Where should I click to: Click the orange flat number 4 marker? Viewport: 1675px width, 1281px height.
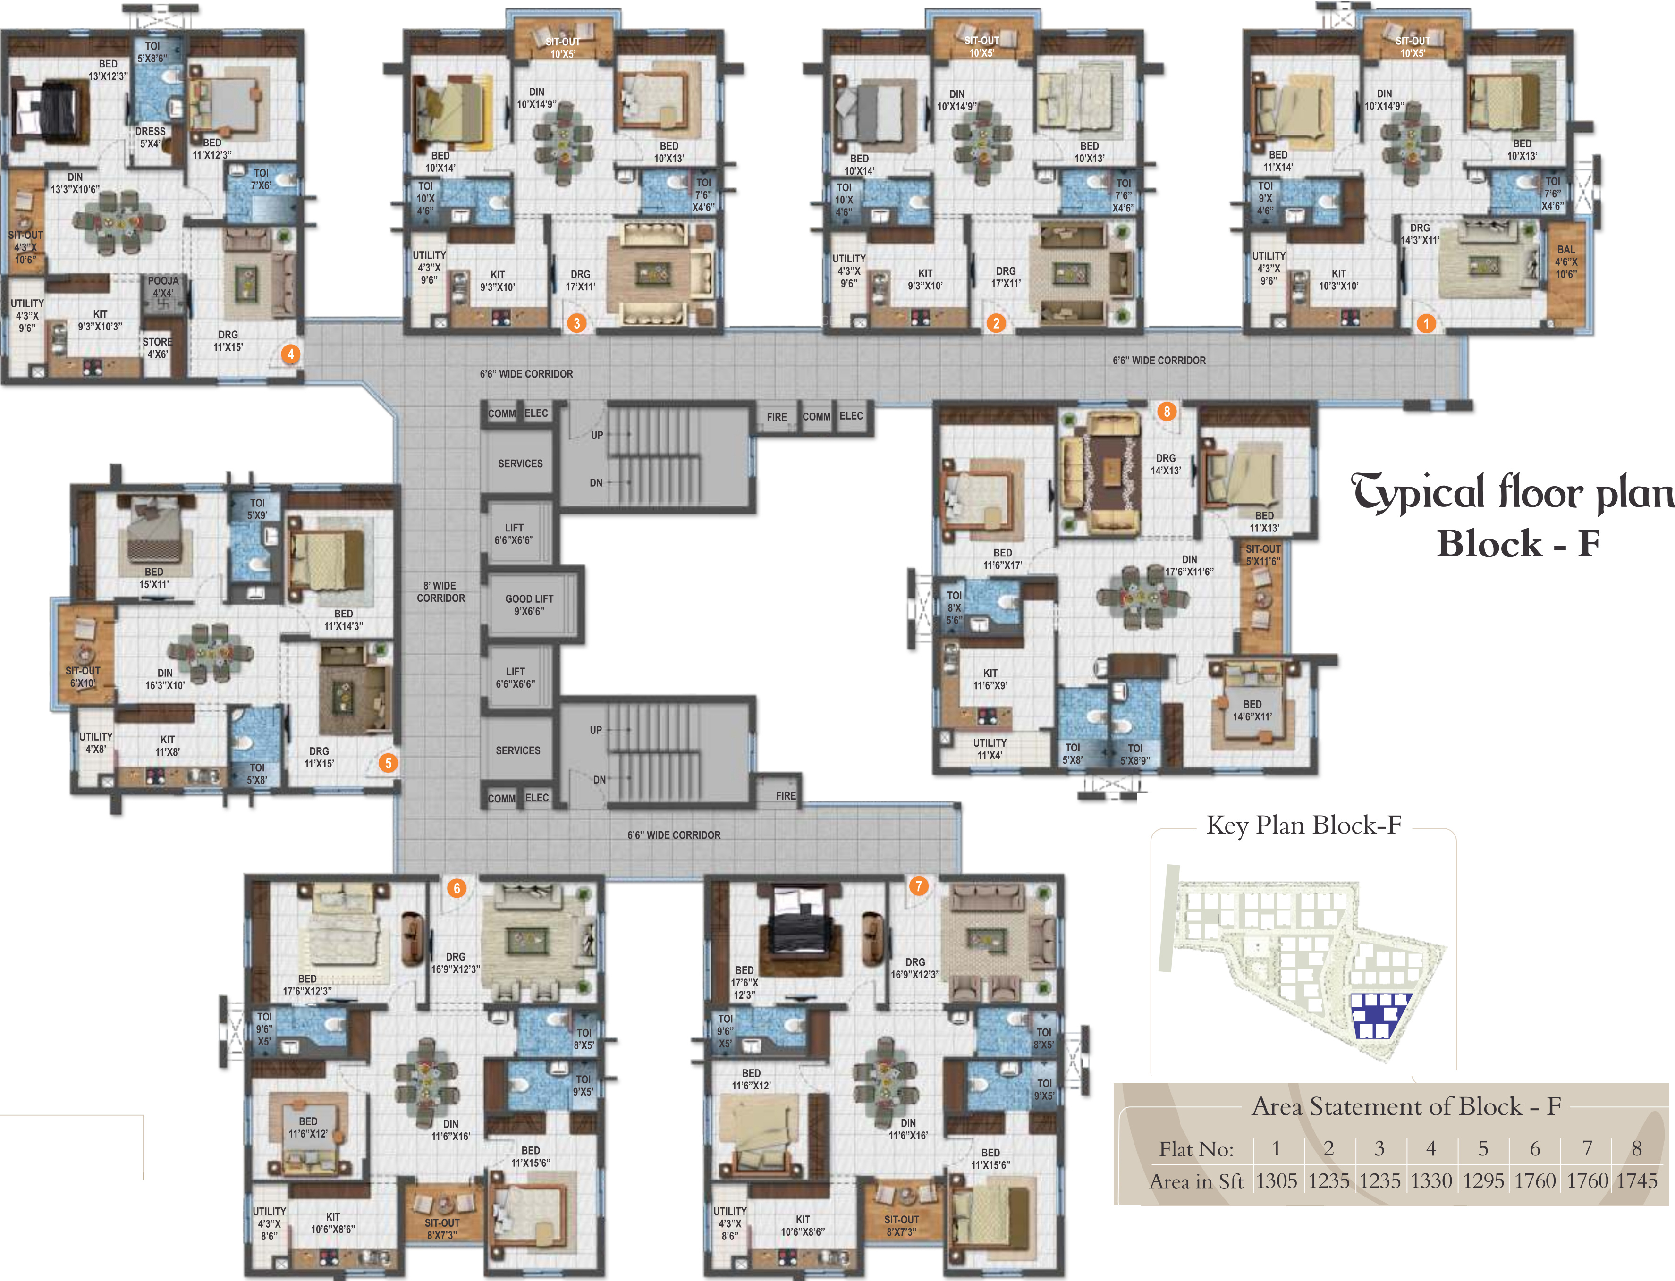291,354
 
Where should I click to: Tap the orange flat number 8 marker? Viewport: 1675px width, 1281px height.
1166,411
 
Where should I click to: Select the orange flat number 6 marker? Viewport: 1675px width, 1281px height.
456,887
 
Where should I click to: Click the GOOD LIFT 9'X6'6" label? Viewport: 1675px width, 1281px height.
529,605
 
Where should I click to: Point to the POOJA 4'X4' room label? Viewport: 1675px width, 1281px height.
163,287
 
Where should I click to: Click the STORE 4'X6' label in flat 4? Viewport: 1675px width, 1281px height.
157,348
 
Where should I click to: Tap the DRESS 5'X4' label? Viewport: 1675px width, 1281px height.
150,137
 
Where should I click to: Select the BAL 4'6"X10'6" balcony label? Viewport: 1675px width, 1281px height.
1566,261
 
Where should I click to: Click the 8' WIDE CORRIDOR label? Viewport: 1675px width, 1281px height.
441,592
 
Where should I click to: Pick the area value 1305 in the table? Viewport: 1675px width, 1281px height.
1276,1180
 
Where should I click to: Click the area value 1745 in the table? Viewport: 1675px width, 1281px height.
1637,1180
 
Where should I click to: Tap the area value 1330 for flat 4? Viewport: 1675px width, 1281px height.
1431,1180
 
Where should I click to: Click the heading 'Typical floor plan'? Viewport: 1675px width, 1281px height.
1513,492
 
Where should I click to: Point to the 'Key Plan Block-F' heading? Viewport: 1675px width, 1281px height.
1303,825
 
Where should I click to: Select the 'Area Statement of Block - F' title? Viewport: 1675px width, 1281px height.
1406,1105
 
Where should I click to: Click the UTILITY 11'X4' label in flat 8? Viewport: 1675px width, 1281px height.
990,749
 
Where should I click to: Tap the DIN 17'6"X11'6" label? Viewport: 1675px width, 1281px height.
1189,565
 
